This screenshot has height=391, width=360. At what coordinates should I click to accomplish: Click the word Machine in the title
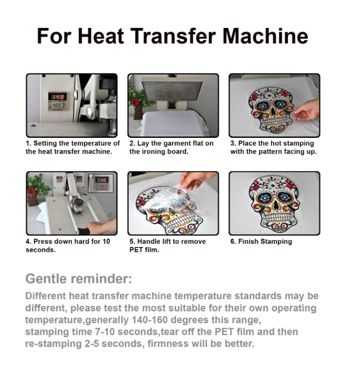265,36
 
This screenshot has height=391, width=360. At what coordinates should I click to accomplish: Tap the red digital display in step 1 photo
58,97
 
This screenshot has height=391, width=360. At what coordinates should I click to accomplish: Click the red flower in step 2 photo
135,102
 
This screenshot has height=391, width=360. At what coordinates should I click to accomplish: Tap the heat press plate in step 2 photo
172,89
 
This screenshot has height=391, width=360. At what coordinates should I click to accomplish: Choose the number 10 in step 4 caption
106,241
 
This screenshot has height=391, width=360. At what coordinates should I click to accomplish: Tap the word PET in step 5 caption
136,250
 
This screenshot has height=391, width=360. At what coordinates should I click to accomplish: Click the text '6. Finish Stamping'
261,242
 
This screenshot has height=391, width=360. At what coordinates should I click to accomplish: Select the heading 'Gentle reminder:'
79,279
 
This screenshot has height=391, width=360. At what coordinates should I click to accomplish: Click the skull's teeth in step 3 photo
274,122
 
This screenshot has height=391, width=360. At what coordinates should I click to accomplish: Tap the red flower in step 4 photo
31,191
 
